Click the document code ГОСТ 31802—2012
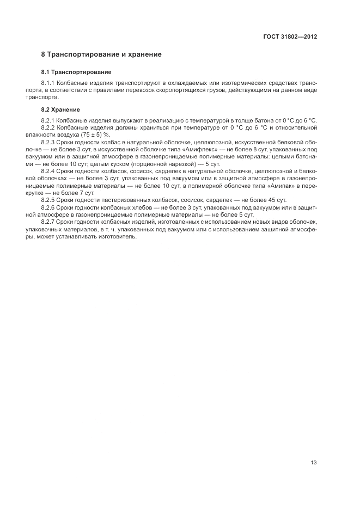point(289,37)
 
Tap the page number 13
point(314,463)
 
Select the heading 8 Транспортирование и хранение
point(101,54)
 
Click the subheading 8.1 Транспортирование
point(76,72)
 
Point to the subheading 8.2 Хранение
point(60,109)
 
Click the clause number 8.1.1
point(48,83)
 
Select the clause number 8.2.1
point(48,120)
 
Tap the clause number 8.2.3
point(48,142)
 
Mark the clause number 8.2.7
point(48,223)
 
